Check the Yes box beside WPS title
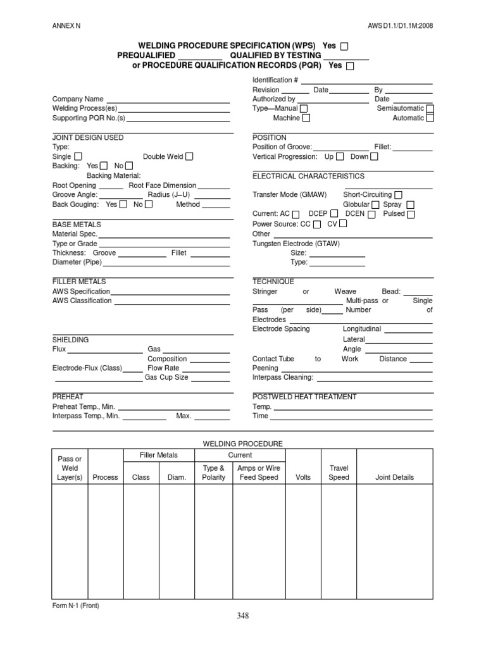[x=344, y=46]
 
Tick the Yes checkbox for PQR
[x=351, y=66]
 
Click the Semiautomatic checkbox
[x=430, y=109]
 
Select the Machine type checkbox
[x=306, y=118]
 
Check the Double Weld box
[x=189, y=156]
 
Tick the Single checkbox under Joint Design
[x=78, y=156]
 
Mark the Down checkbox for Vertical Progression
[x=374, y=156]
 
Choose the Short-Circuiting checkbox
[x=398, y=195]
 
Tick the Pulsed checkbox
[x=411, y=215]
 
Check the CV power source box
[x=343, y=224]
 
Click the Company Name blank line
[x=168, y=100]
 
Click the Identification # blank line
[x=366, y=81]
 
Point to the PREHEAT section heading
[x=67, y=397]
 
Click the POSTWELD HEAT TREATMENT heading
[x=304, y=397]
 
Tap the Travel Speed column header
[x=339, y=473]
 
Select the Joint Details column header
[x=394, y=477]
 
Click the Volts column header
[x=303, y=477]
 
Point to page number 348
[x=243, y=615]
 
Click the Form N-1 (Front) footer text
[x=75, y=606]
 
